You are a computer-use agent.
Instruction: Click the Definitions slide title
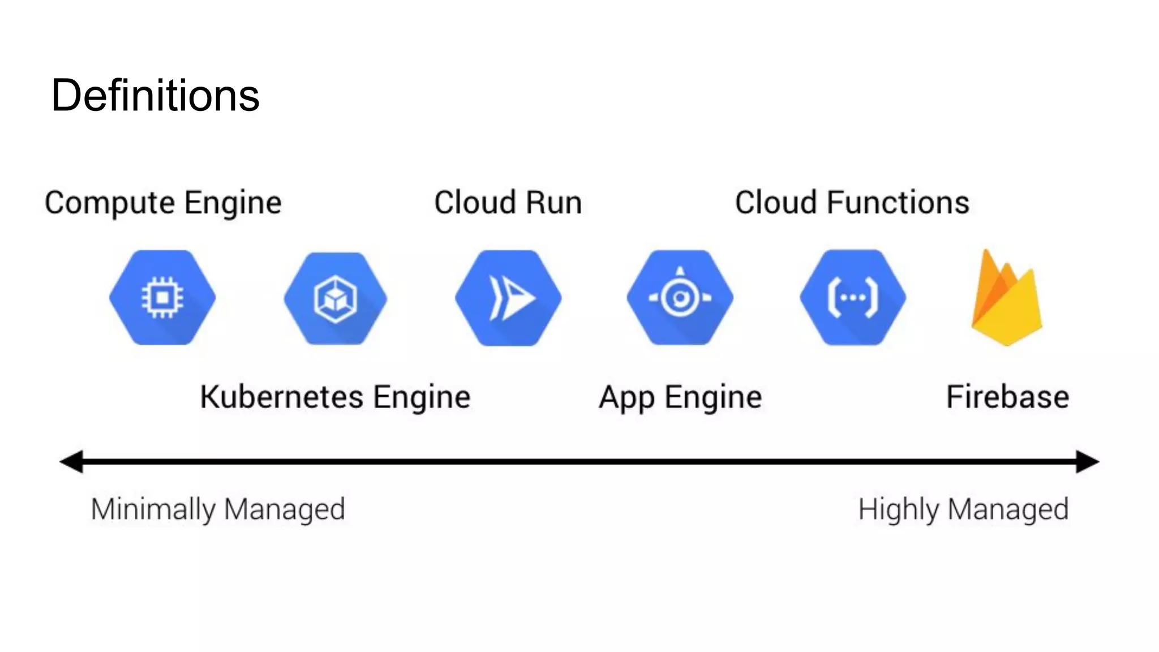(155, 95)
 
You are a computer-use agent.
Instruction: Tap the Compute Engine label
(163, 203)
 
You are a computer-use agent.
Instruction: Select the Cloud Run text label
(508, 203)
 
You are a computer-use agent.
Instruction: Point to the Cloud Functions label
(852, 203)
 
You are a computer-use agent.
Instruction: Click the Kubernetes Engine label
(335, 397)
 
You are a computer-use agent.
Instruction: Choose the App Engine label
(680, 397)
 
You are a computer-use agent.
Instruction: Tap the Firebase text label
(1007, 397)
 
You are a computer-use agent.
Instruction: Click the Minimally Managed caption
(218, 509)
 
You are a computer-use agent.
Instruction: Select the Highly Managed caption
(963, 509)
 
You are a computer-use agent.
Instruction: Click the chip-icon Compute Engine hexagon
(162, 298)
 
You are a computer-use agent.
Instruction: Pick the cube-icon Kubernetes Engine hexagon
(336, 298)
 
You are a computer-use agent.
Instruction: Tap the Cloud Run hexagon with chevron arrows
(508, 298)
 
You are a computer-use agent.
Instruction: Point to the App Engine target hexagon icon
(680, 298)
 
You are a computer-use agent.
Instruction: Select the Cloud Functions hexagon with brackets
(853, 298)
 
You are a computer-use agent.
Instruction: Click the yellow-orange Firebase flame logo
(1007, 300)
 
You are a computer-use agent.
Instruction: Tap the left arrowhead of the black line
(72, 462)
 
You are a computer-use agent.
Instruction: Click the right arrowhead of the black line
(1087, 462)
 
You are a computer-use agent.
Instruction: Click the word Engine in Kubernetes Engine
(422, 397)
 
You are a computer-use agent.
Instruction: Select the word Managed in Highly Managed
(1008, 509)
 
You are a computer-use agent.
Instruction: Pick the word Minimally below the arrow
(153, 509)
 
